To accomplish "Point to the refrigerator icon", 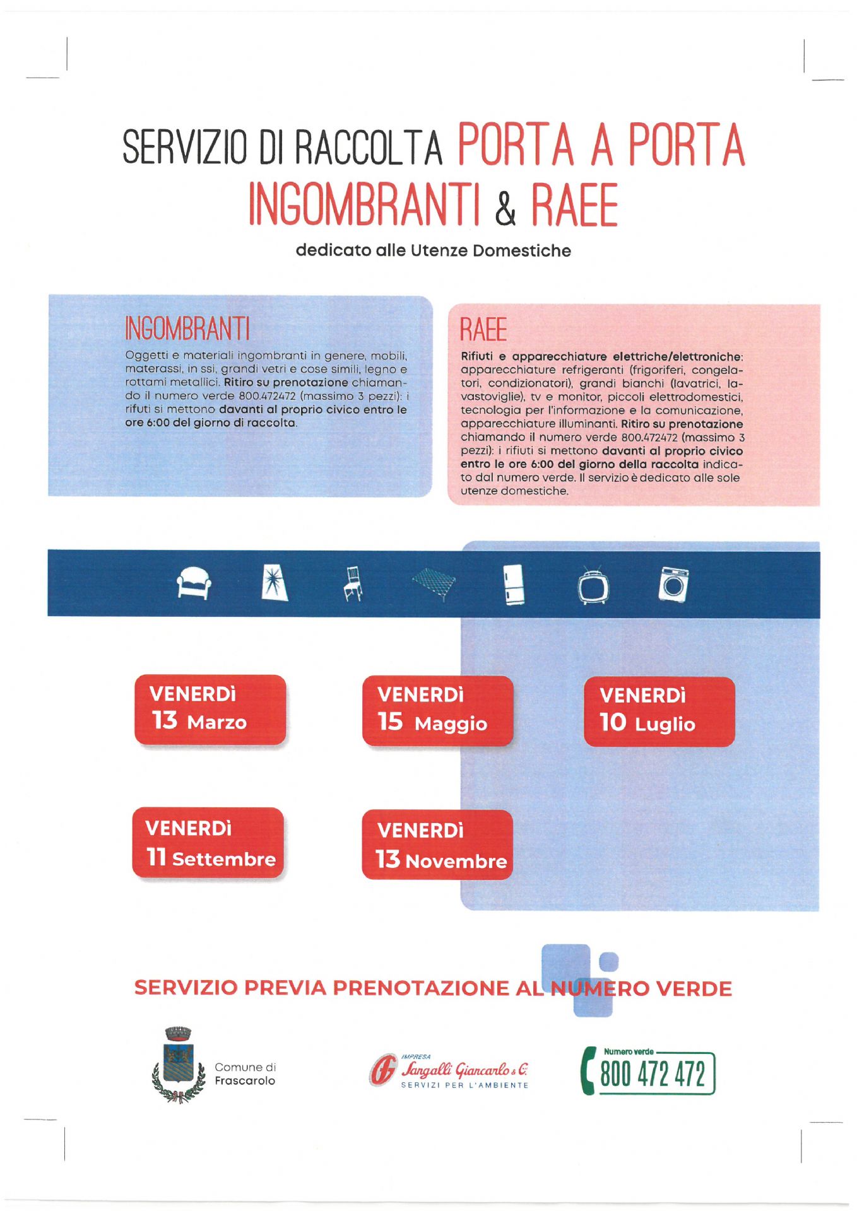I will tap(514, 585).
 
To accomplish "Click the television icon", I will tap(593, 587).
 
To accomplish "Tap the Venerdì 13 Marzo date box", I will tap(210, 710).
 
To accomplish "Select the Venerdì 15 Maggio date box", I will tap(437, 711).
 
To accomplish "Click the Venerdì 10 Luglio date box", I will tap(659, 712).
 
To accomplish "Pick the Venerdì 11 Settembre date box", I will tap(208, 843).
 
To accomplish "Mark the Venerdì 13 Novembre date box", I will tap(437, 845).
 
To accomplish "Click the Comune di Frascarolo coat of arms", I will tap(179, 1065).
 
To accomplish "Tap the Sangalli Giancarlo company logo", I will tap(449, 1071).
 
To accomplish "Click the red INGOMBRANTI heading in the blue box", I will tap(187, 329).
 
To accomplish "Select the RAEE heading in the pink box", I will tap(483, 330).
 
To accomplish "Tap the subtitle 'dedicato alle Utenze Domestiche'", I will tap(434, 250).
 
